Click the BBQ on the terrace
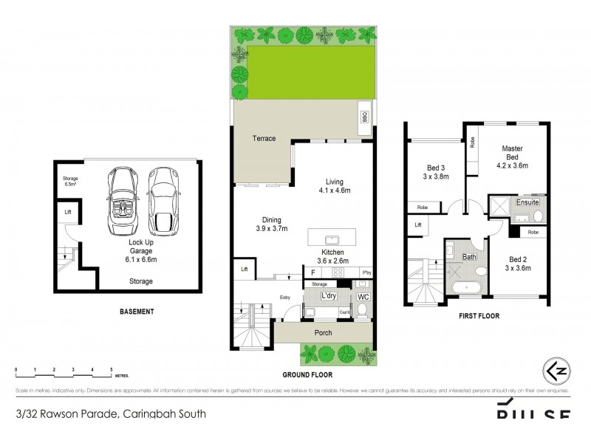click(x=363, y=117)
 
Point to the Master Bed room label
click(x=513, y=152)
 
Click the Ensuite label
click(x=527, y=202)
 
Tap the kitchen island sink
click(x=332, y=238)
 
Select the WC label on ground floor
click(x=362, y=296)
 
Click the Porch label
click(x=323, y=333)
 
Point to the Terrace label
click(x=264, y=138)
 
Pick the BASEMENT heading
click(x=137, y=312)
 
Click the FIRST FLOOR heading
click(x=478, y=316)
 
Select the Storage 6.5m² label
click(x=70, y=181)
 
